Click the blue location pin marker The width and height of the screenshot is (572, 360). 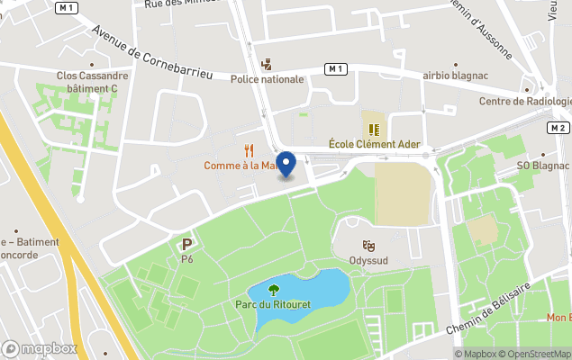(x=286, y=164)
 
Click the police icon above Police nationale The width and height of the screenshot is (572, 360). (x=266, y=65)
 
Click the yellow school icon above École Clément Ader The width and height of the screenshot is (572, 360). (x=372, y=129)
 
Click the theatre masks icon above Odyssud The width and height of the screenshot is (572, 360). (x=368, y=246)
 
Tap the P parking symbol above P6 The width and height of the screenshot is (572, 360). (x=187, y=244)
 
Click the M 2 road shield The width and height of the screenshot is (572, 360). (x=558, y=128)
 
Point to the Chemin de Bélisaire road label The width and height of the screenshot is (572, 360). (x=500, y=310)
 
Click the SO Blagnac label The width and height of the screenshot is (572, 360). (x=543, y=166)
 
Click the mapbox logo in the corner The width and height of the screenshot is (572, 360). (x=40, y=348)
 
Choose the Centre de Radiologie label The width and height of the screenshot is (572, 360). (x=525, y=102)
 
